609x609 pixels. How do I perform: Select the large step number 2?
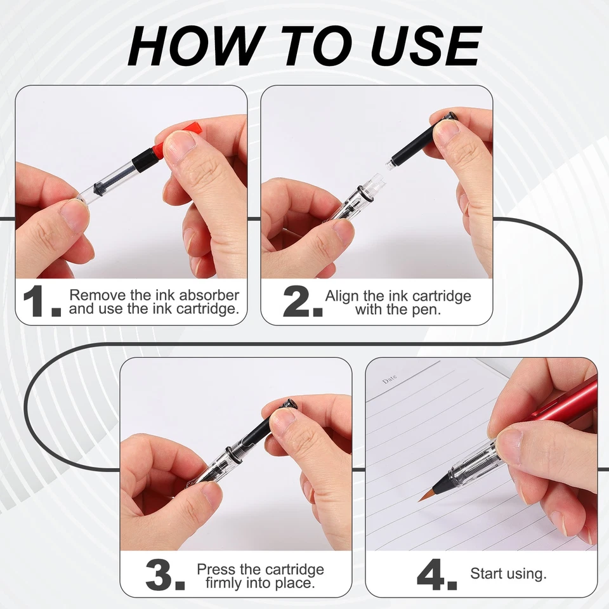303,301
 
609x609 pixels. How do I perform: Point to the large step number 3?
165,575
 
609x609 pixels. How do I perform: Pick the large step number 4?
436,575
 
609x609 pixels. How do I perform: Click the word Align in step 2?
342,296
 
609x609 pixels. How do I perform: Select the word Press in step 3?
216,570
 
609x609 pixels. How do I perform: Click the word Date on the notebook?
389,379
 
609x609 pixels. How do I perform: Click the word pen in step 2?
428,310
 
